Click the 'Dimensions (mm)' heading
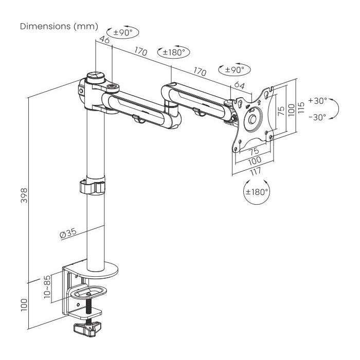(x=59, y=26)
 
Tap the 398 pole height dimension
(x=24, y=195)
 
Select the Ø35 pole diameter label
(x=68, y=233)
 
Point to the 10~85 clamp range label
(x=47, y=286)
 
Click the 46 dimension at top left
(x=104, y=40)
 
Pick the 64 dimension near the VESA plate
(x=240, y=85)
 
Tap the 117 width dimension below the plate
(x=255, y=171)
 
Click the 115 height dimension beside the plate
(x=301, y=107)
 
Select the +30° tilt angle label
(x=317, y=101)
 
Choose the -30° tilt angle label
(x=317, y=117)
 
